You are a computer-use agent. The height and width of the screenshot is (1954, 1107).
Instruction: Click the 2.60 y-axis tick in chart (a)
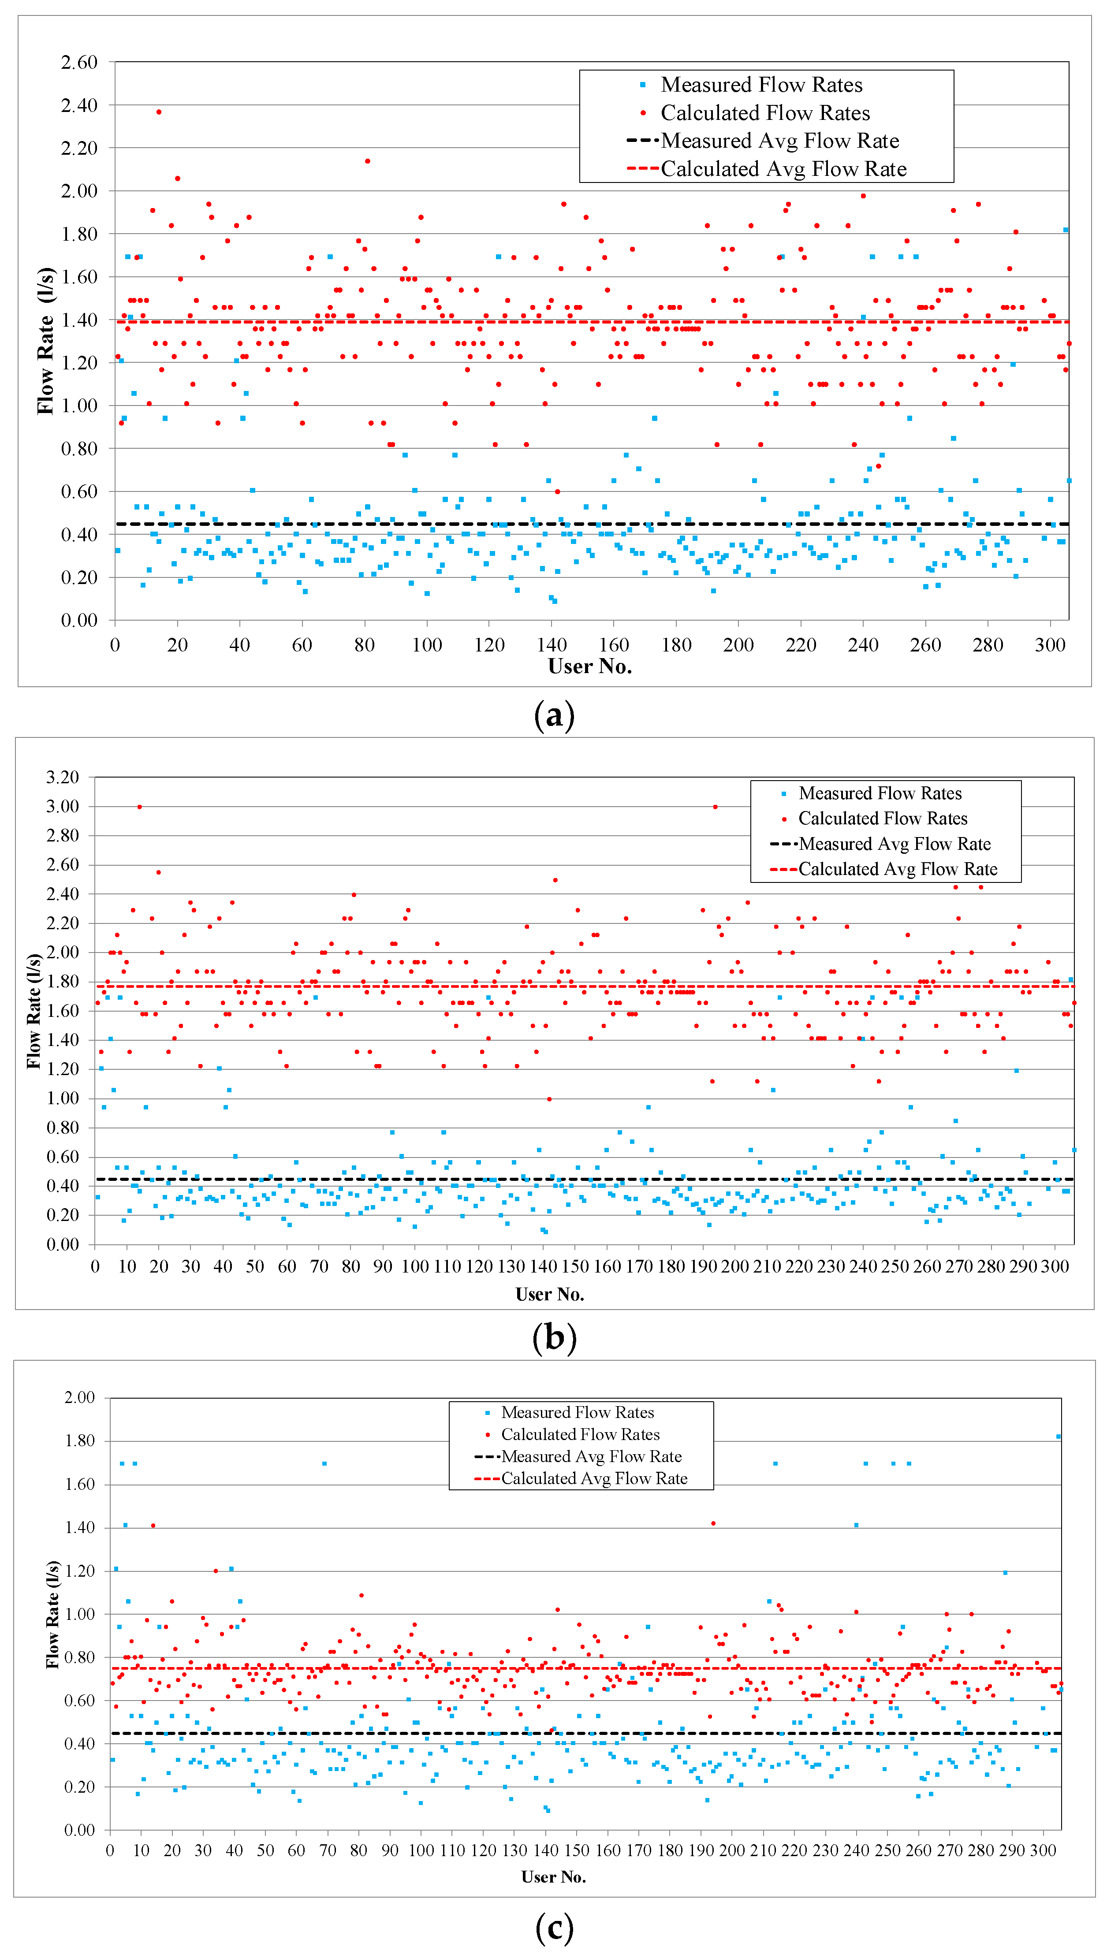(79, 62)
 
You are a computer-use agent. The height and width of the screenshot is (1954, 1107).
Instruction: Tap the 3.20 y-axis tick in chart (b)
(62, 777)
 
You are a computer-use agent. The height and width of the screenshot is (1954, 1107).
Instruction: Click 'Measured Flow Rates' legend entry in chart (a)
(761, 84)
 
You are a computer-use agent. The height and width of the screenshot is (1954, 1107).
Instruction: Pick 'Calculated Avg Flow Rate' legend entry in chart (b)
(897, 869)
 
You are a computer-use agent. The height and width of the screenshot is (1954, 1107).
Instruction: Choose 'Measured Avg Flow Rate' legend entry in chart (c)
(591, 1456)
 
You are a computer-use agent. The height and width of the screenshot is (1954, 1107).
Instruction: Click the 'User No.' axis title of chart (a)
(590, 666)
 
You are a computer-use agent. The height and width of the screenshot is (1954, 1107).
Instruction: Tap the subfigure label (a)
(554, 716)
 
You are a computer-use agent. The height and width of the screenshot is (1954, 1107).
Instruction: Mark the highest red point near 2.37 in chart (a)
(159, 112)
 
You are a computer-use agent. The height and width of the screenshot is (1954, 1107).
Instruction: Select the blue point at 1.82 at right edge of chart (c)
(1059, 1437)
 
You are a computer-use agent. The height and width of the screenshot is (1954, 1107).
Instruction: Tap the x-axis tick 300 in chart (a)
(1050, 645)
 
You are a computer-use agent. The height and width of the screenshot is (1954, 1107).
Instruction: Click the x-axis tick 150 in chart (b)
(575, 1266)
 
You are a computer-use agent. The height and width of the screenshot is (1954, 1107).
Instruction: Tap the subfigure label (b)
(554, 1338)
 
